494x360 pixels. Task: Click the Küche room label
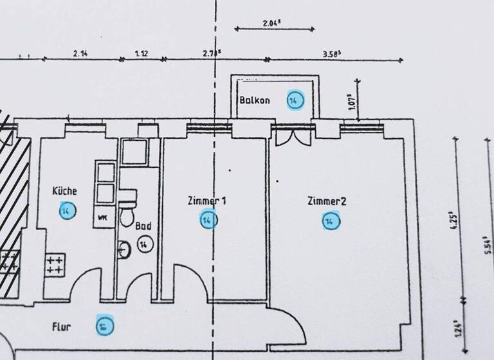[x=65, y=191]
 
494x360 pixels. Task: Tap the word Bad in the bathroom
[x=143, y=226]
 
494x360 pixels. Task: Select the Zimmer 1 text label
[x=206, y=201]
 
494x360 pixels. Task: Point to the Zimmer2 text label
[x=327, y=202]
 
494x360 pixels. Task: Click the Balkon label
[x=255, y=101]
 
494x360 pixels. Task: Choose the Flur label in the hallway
[x=62, y=326]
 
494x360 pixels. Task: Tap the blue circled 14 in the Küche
[x=66, y=210]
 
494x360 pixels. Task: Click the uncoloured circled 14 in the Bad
[x=144, y=244]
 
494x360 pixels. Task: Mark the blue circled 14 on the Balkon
[x=295, y=101]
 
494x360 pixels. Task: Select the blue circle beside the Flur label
[x=103, y=326]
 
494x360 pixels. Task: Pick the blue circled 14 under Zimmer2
[x=330, y=222]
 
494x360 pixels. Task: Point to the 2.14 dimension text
[x=80, y=54]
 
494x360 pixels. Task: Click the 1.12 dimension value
[x=142, y=54]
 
